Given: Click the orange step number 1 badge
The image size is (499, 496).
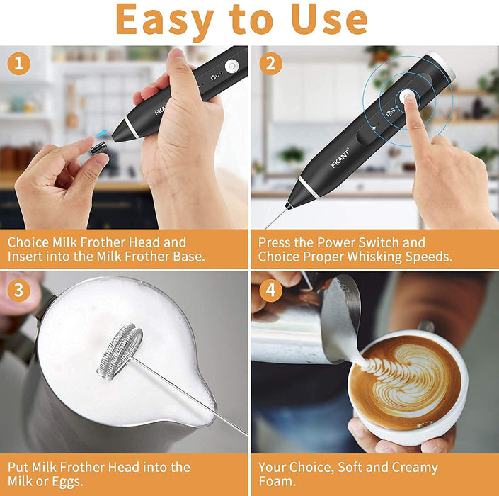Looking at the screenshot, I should [x=18, y=64].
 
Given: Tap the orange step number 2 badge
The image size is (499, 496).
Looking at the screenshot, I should [x=270, y=64].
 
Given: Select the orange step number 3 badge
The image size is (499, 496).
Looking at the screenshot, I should [x=18, y=291].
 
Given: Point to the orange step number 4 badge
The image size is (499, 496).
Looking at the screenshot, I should [x=270, y=291].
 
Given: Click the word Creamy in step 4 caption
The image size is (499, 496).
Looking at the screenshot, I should [x=411, y=467].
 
